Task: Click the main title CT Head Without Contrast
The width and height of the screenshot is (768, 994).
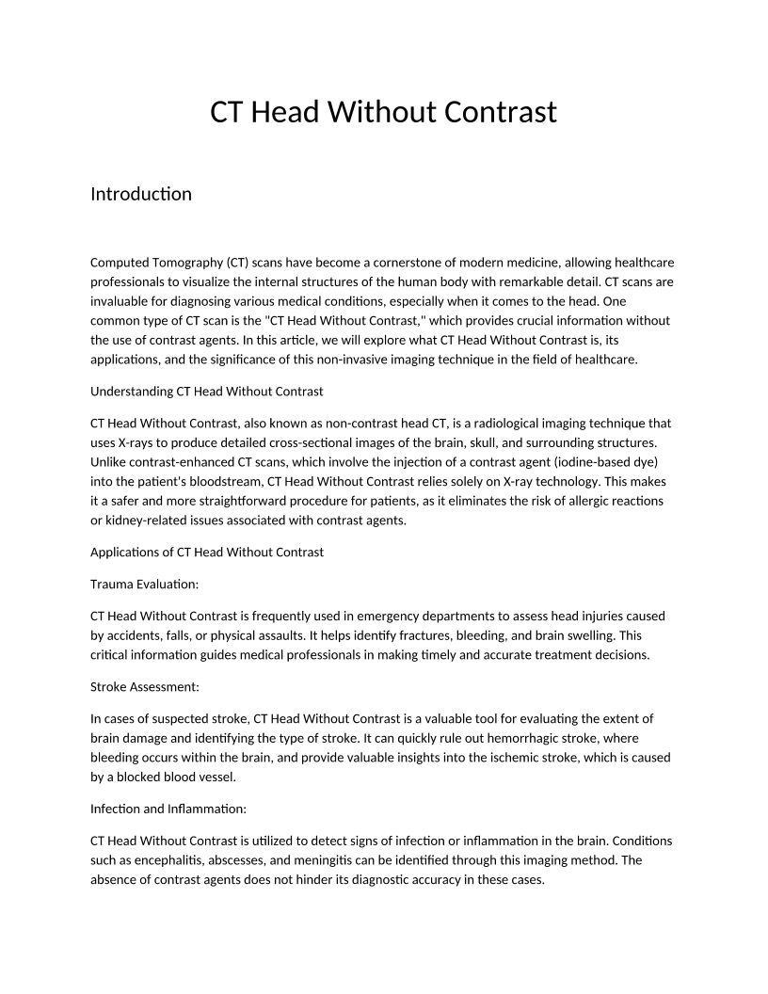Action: (x=383, y=112)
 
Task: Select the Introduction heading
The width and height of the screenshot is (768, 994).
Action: (x=140, y=194)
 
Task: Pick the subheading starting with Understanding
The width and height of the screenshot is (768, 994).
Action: (x=206, y=391)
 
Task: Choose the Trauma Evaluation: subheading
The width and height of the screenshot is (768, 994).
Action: (x=144, y=584)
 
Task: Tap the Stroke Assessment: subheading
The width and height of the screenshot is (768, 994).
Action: (x=144, y=687)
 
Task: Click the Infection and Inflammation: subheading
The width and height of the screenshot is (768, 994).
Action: (x=168, y=809)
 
